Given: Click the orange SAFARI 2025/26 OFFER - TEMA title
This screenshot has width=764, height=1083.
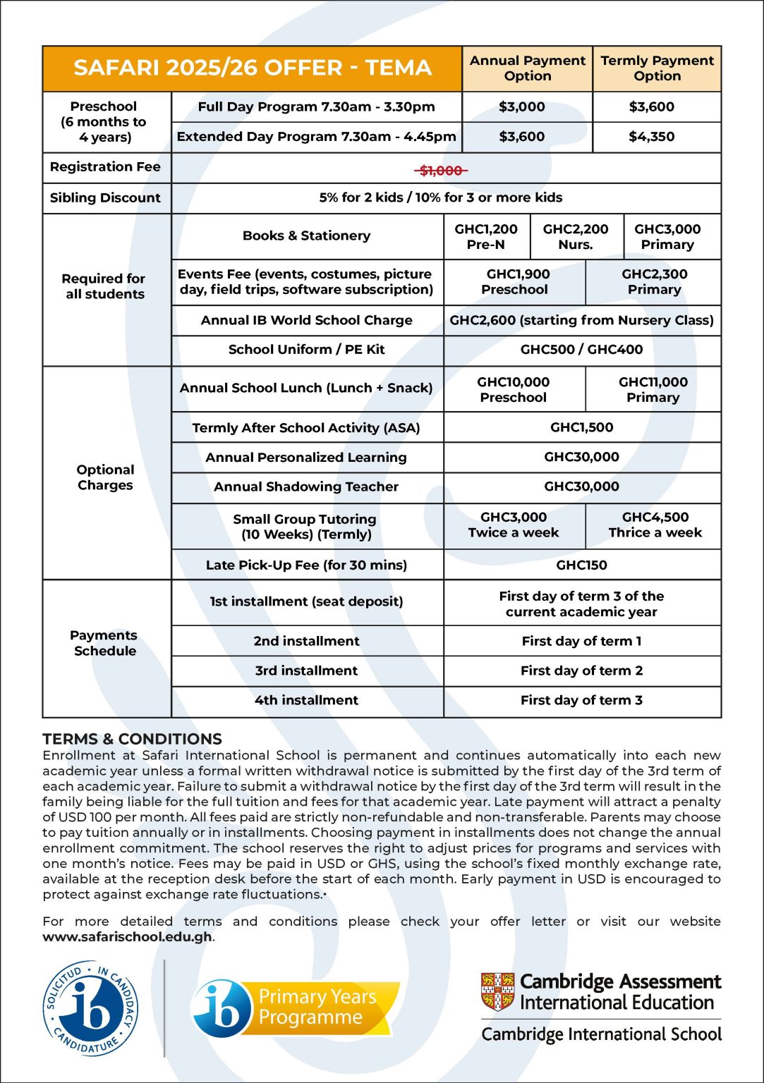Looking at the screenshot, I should coord(252,68).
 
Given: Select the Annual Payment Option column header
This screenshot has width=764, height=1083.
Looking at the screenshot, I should coord(527,68).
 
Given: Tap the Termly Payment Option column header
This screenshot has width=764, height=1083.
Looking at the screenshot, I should coord(657,68).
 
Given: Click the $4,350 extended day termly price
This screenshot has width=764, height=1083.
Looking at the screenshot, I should coord(651,137).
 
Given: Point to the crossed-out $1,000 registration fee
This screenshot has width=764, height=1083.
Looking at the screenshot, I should coord(441,171).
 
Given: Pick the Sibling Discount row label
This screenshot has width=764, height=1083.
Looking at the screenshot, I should coord(105,198).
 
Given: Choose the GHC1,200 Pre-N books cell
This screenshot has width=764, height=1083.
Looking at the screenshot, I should coord(486,237).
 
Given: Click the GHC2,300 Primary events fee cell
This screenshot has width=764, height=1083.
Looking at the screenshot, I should coord(654,282).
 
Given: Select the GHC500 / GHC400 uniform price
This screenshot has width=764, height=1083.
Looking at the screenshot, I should coord(581,350).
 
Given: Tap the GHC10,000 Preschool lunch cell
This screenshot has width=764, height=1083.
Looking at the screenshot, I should coord(514,389).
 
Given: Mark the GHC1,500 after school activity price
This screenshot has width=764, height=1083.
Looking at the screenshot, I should coord(581,427).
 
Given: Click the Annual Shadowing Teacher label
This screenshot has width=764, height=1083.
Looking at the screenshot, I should coord(306,487).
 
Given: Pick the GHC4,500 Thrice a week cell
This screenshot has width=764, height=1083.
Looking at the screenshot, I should coord(655,525).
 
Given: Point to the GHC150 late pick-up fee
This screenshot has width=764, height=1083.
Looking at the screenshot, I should coord(581,565).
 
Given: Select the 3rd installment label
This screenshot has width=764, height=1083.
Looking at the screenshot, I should coord(306,671).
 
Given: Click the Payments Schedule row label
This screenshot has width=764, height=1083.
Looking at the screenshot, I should coord(104,643).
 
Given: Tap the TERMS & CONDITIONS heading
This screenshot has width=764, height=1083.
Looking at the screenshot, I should coord(132,739).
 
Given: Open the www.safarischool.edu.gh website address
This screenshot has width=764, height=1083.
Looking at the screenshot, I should coord(127,937).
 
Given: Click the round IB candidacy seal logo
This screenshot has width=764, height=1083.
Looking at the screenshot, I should coord(91,1008).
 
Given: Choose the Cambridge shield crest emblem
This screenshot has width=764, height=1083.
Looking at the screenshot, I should coord(497,991).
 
